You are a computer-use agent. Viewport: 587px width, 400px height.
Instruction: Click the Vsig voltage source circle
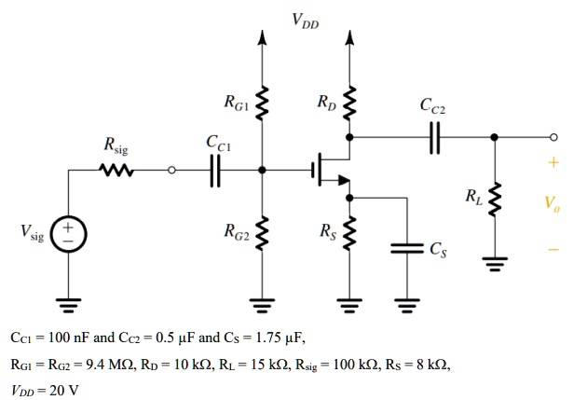pyautogui.click(x=68, y=231)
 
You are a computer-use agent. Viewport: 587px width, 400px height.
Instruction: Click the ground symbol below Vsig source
pyautogui.click(x=68, y=301)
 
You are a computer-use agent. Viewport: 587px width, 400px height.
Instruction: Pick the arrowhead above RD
pyautogui.click(x=350, y=38)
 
